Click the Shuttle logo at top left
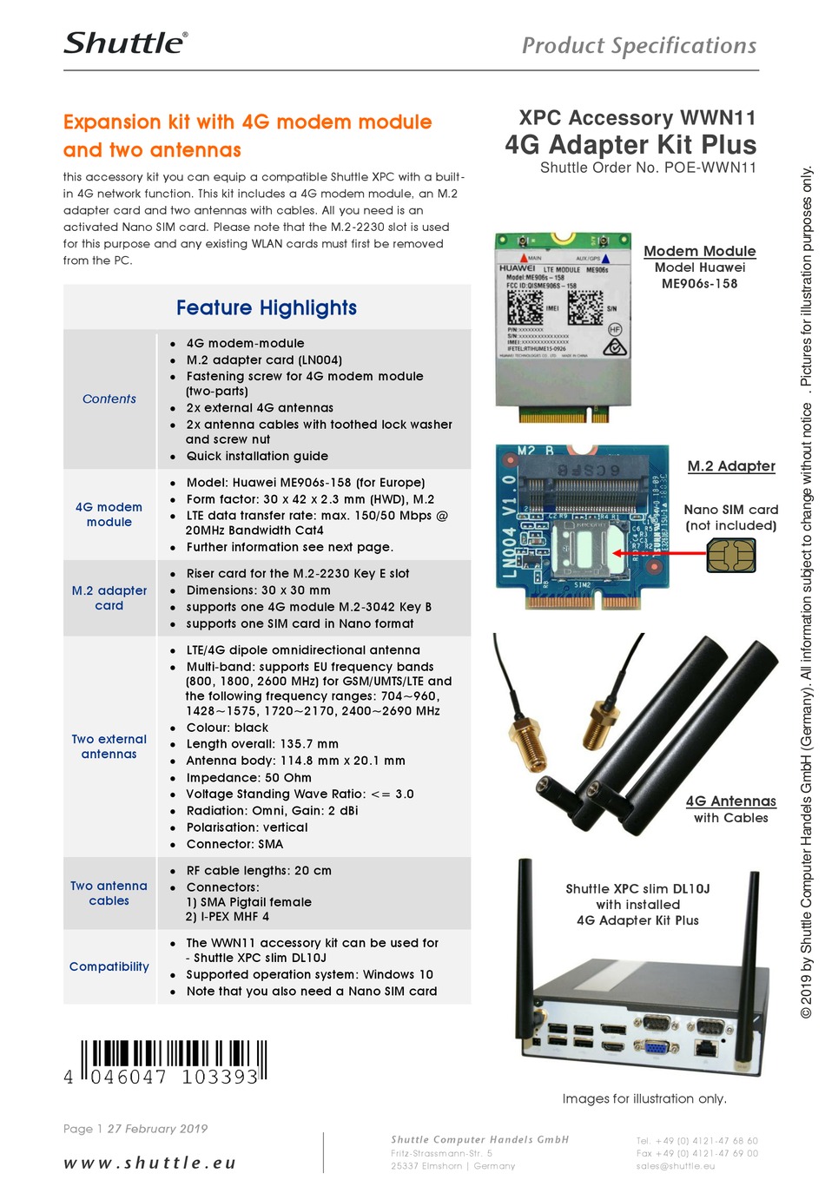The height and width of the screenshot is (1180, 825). (x=125, y=43)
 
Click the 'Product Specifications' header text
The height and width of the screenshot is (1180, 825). (x=638, y=46)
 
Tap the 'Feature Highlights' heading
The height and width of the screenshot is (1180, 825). (x=266, y=308)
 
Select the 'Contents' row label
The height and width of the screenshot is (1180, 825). (x=109, y=399)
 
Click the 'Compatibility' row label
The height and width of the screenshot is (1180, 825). (x=109, y=966)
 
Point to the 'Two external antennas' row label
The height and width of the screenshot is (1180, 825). (x=109, y=747)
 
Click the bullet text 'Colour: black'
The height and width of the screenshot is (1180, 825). (x=227, y=728)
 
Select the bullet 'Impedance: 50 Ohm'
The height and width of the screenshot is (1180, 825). (x=248, y=778)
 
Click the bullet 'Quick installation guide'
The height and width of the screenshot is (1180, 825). (x=257, y=456)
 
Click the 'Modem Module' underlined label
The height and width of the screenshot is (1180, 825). (x=699, y=251)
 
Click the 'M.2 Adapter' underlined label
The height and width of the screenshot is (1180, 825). (x=731, y=466)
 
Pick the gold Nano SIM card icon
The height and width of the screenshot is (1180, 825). (x=730, y=556)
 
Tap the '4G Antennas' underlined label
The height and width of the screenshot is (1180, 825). (x=730, y=801)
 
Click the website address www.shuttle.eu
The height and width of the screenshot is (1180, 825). (x=149, y=1163)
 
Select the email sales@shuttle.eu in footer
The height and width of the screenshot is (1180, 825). (x=675, y=1166)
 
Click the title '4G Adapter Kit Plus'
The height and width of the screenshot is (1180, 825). (x=630, y=145)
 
